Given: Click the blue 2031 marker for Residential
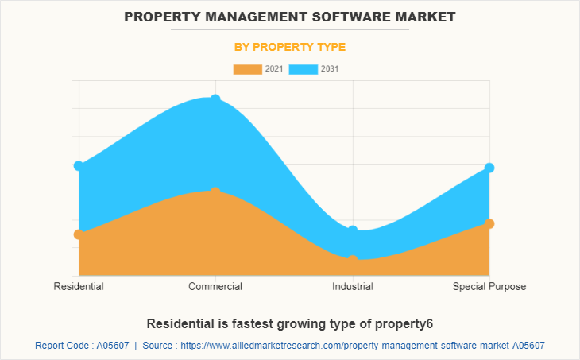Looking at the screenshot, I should (78, 165).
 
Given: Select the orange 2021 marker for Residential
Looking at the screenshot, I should (78, 234).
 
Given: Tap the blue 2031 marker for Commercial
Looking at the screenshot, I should (215, 99).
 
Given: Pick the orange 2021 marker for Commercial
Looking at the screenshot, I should (215, 192).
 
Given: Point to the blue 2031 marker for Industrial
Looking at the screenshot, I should (353, 230).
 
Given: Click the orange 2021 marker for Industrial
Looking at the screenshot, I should (353, 259).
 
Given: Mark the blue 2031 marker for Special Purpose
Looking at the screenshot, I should (489, 168).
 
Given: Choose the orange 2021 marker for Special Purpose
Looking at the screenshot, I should (489, 223).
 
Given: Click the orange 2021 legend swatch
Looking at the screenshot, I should (247, 69).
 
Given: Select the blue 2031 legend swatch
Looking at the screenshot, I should (304, 69).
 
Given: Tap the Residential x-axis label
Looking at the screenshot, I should (78, 286).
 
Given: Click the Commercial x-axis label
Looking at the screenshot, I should (215, 286).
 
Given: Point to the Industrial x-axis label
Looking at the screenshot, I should (353, 286).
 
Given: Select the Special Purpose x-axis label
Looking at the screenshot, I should (489, 286).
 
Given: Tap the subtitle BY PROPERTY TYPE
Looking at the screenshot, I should (290, 47).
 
